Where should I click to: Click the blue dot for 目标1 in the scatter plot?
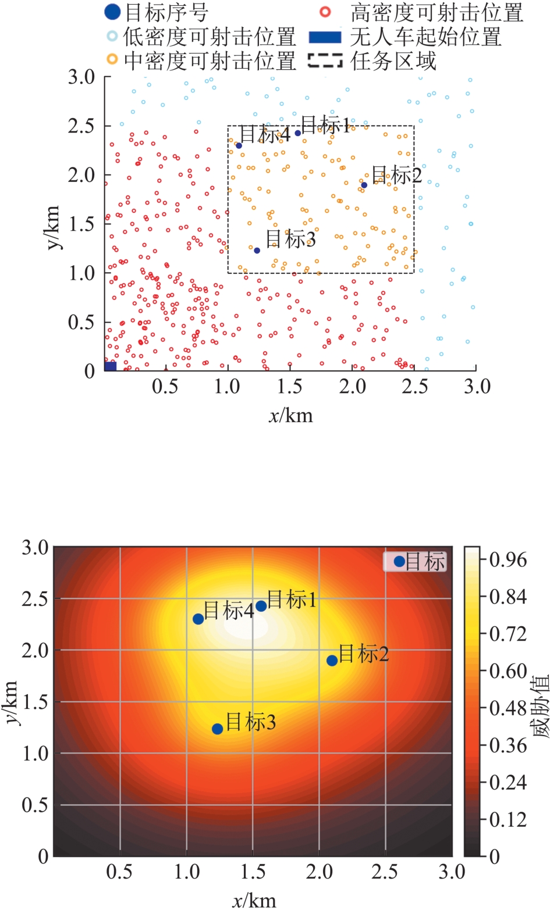(298, 133)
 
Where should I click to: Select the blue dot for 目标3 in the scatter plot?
(257, 251)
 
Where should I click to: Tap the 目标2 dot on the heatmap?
(332, 661)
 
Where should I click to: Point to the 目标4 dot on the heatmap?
(198, 619)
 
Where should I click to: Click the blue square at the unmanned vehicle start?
(111, 366)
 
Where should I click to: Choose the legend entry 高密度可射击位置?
(437, 12)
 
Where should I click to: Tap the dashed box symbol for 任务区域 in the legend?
(325, 60)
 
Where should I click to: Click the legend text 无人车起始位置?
(425, 37)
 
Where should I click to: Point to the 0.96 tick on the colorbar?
(508, 560)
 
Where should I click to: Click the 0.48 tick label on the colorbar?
(508, 708)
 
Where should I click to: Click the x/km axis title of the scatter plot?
(290, 415)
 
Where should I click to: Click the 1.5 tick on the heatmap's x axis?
(253, 872)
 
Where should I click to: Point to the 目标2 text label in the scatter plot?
(396, 174)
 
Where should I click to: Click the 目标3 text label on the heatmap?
(250, 722)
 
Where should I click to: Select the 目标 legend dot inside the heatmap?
(399, 562)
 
